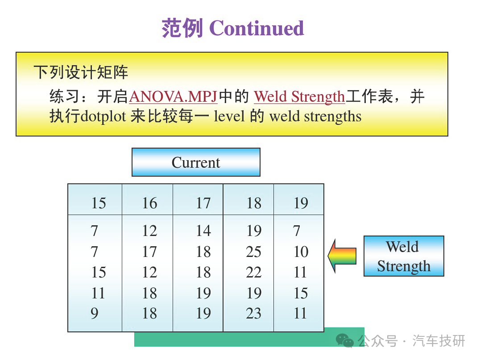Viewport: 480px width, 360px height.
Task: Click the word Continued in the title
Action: click(x=257, y=28)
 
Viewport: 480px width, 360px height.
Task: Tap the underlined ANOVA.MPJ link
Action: click(x=173, y=96)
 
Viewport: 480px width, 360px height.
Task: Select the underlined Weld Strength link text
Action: click(x=299, y=97)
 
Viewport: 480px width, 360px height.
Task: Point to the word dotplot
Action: click(x=103, y=116)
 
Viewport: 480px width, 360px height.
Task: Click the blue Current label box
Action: click(x=196, y=162)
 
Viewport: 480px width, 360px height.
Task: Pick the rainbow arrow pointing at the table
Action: click(x=342, y=256)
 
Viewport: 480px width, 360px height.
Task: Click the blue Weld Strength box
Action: click(x=404, y=256)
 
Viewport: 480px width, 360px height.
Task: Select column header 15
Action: click(x=99, y=203)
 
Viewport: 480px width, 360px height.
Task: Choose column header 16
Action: click(x=149, y=203)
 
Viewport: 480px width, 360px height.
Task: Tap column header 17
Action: click(x=203, y=203)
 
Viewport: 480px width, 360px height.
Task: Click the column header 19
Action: click(x=301, y=203)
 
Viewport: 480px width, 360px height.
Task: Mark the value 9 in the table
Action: click(x=95, y=313)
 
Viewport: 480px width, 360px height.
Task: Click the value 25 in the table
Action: click(x=254, y=252)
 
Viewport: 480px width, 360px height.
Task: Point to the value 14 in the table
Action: click(x=203, y=231)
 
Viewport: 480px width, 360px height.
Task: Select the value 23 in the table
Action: click(x=254, y=313)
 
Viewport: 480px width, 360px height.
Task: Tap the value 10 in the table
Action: click(x=301, y=252)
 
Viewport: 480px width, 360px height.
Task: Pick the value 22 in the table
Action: click(x=254, y=272)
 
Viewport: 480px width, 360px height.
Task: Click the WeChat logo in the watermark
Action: click(x=345, y=341)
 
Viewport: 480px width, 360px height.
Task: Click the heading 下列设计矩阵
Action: click(x=81, y=72)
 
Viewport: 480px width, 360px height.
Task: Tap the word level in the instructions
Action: click(x=229, y=116)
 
